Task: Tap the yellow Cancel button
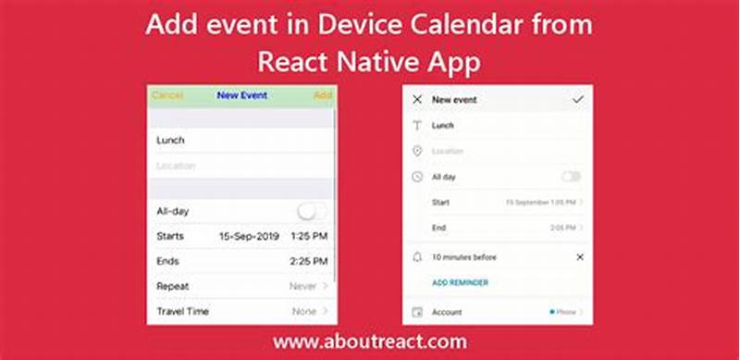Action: (166, 95)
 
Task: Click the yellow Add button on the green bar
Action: (322, 95)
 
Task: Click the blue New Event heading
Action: (241, 95)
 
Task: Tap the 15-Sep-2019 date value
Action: (249, 237)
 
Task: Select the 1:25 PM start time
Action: (308, 237)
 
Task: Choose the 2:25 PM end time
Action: (308, 262)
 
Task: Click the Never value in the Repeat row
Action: (302, 287)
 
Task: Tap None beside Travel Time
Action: (304, 312)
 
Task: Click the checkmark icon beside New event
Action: (579, 99)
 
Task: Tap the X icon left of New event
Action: (417, 99)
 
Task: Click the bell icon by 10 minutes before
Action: (417, 256)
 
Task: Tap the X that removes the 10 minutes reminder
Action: (580, 256)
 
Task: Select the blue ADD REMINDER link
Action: (460, 282)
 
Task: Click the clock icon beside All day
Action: (417, 176)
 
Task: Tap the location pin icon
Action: (417, 151)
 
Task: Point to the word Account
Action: (448, 313)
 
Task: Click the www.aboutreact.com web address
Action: (370, 342)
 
